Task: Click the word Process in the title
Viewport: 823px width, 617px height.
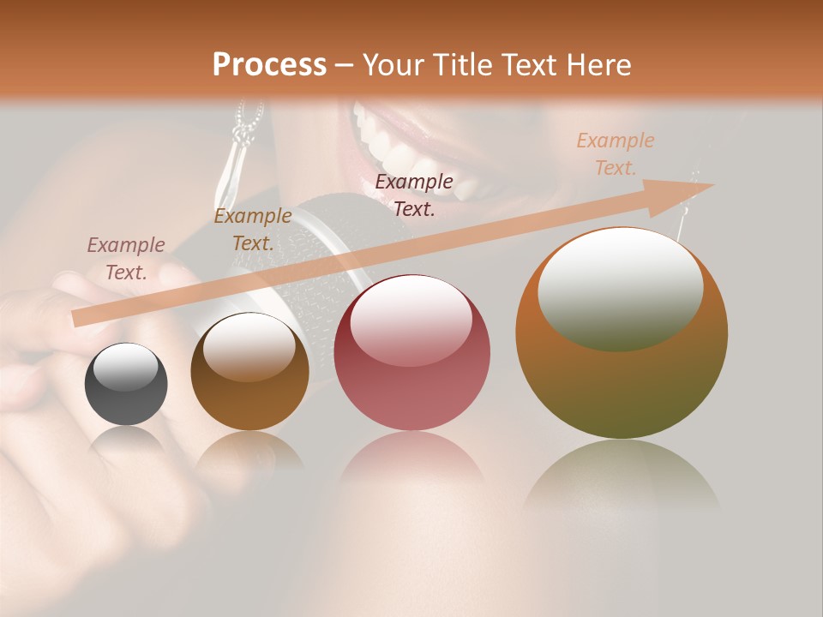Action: [x=269, y=65]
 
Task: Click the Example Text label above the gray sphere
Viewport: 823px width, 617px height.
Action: [x=126, y=258]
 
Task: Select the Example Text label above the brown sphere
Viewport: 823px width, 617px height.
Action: [x=252, y=229]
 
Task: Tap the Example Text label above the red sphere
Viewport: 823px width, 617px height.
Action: [x=414, y=195]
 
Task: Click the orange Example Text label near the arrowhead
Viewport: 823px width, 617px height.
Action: [x=615, y=154]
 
